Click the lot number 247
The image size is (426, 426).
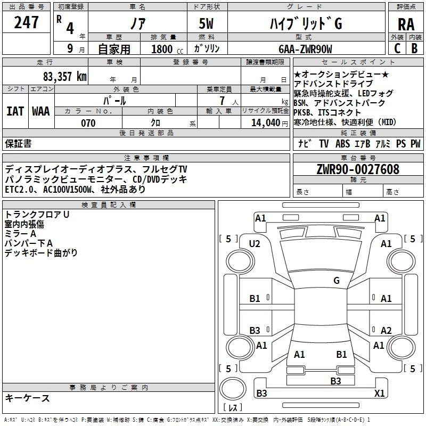[27, 22]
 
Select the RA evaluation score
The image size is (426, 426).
[406, 24]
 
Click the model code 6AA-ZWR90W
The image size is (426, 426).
[305, 49]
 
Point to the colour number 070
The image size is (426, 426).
[88, 123]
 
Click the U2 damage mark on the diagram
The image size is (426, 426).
[255, 243]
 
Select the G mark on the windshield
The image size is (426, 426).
[337, 281]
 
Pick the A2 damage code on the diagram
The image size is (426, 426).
[386, 330]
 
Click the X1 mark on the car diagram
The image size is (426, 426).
[380, 393]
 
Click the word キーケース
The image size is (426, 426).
[28, 398]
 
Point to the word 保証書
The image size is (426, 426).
[18, 144]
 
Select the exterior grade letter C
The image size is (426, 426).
[397, 48]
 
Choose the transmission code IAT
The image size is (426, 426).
[15, 111]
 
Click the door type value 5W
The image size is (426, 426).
[206, 23]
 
